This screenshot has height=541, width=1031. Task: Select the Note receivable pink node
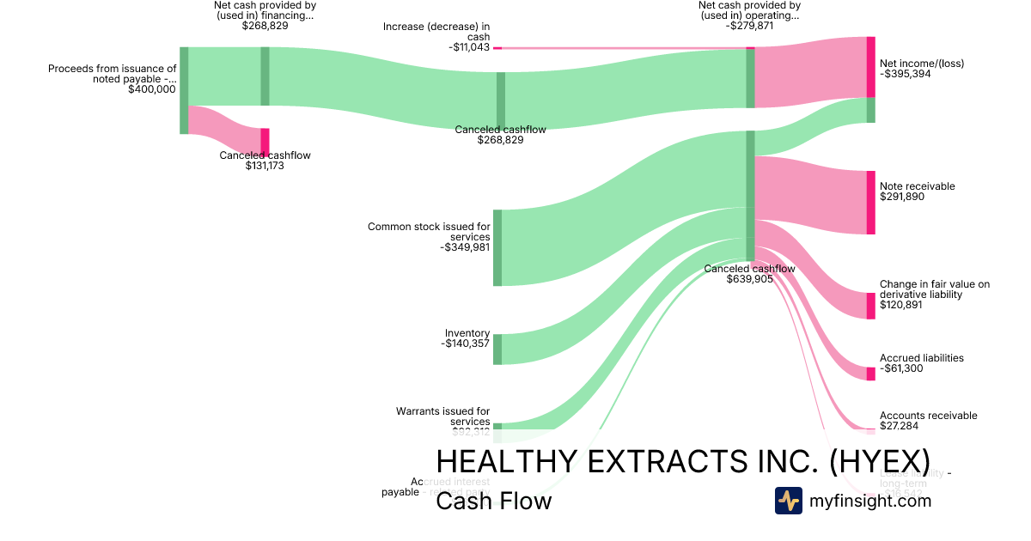click(870, 202)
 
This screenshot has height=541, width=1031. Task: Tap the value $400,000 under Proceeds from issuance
click(152, 89)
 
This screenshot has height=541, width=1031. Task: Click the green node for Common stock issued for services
click(497, 247)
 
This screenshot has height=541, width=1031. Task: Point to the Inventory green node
click(497, 350)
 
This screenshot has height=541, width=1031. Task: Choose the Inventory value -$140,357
click(465, 343)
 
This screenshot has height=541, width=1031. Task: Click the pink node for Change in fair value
click(870, 306)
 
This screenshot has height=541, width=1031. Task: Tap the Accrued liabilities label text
click(921, 358)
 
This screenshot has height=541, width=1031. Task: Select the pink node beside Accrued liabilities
click(870, 374)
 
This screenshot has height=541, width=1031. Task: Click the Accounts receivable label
click(928, 416)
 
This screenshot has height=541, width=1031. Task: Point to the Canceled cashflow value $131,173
click(264, 166)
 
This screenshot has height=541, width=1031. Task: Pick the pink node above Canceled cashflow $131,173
click(265, 142)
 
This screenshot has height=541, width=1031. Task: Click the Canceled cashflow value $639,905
click(749, 279)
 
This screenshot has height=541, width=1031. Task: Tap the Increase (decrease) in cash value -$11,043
click(469, 47)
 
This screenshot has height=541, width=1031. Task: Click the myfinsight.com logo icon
click(788, 501)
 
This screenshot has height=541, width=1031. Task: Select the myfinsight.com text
click(870, 501)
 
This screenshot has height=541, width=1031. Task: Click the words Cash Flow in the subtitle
click(493, 501)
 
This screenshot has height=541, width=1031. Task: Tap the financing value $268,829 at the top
click(265, 26)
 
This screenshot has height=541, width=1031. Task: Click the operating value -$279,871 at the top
click(749, 26)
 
